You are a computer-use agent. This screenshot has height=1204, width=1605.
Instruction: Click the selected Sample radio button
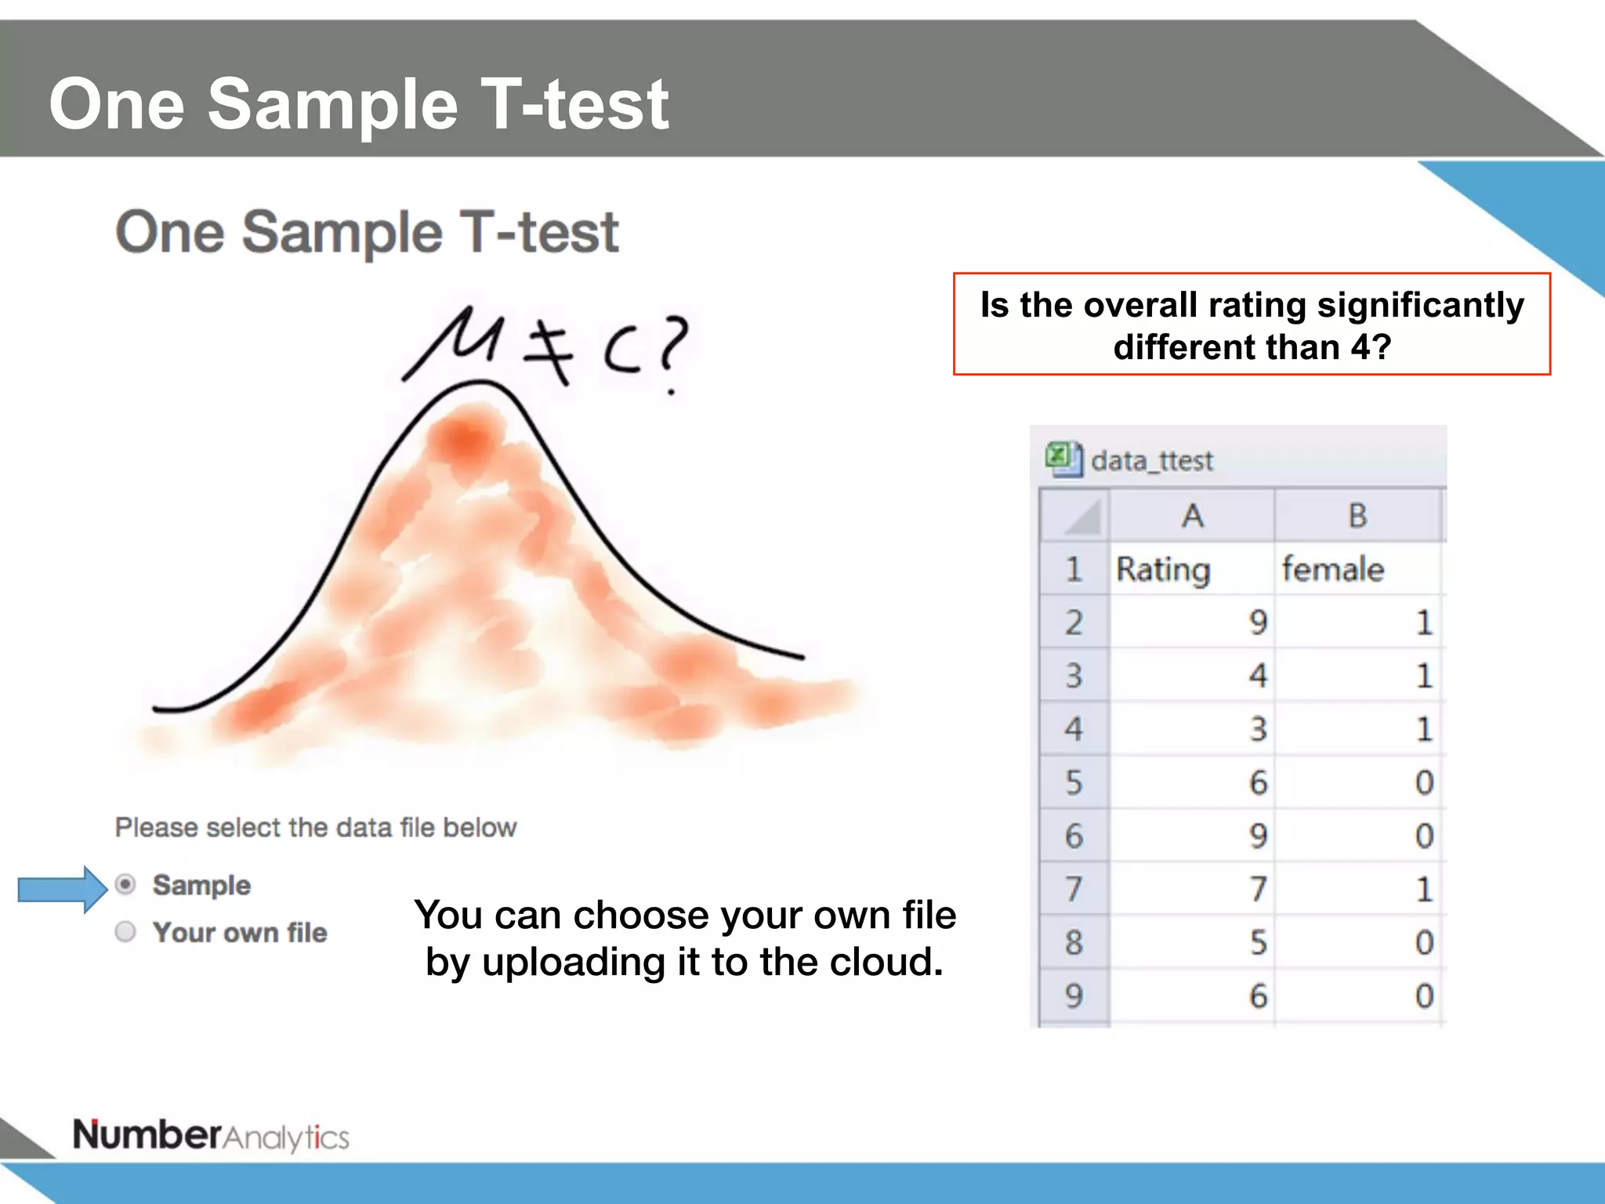pos(125,885)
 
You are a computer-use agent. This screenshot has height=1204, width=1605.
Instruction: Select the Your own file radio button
pos(125,932)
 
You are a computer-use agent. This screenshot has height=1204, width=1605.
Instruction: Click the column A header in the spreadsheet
pos(1192,516)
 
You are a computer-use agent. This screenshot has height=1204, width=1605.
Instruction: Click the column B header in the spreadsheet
pos(1357,516)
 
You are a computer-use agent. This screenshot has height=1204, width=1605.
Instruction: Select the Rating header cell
pos(1163,569)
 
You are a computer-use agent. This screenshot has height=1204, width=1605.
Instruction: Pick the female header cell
pos(1333,569)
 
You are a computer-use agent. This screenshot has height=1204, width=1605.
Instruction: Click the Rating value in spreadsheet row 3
pos(1257,676)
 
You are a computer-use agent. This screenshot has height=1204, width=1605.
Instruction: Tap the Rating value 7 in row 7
pos(1257,889)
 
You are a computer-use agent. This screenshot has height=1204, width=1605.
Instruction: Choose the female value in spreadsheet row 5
pos(1424,782)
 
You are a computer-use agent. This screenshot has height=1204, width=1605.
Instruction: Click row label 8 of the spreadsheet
pos(1074,942)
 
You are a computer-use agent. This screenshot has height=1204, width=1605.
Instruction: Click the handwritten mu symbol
pos(455,341)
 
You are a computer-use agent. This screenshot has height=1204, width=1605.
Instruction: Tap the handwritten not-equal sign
pos(549,352)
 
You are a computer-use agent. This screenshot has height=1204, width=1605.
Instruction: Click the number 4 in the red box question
pos(1360,347)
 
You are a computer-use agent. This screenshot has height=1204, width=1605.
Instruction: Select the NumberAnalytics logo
pos(211,1136)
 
